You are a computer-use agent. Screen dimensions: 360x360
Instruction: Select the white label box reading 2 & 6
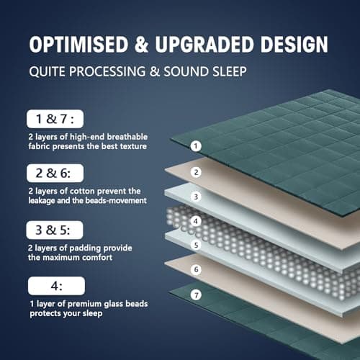click(55, 173)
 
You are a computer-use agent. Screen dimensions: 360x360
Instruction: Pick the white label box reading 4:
click(55, 286)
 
